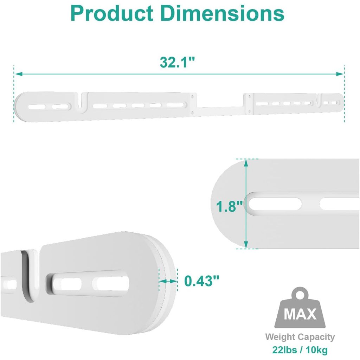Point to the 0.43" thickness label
202,281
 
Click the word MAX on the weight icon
300,314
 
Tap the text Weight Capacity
300,337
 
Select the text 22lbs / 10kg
300,350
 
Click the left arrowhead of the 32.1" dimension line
18,74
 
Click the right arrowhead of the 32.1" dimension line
340,74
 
